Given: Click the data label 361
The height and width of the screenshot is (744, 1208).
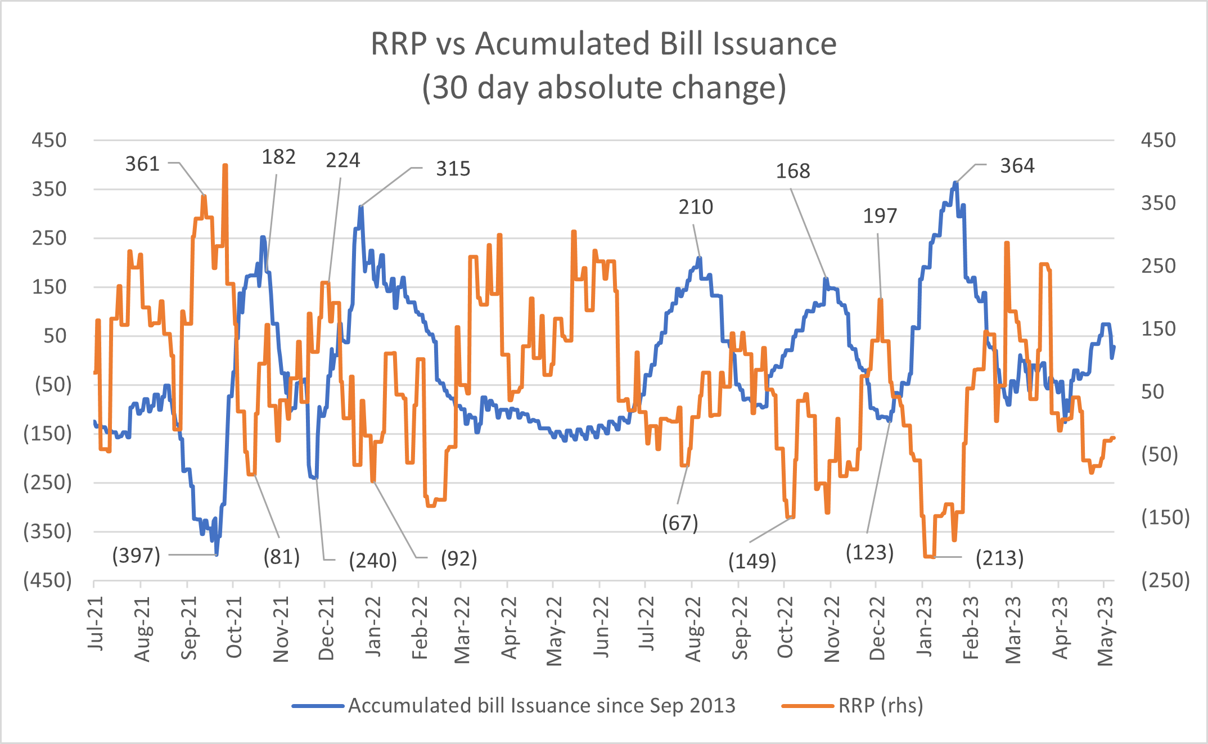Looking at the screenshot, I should (x=142, y=164).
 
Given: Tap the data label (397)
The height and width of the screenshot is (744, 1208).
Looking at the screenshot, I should (x=137, y=556).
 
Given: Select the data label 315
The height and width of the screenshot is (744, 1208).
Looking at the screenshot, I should (x=453, y=169).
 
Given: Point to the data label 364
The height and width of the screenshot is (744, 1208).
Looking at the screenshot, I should (x=1017, y=166).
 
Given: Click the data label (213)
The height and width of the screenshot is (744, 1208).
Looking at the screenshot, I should (x=999, y=558).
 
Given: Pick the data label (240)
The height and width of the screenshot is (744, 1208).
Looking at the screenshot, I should (x=373, y=561).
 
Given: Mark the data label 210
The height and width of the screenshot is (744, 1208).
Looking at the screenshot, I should (x=696, y=207).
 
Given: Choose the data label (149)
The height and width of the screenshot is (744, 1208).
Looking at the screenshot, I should (x=752, y=561).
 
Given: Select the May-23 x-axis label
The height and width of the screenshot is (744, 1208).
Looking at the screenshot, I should (x=1106, y=631).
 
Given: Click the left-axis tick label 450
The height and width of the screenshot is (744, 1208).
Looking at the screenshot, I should (x=49, y=140).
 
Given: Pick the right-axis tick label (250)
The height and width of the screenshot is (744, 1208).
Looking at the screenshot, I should (x=1165, y=580).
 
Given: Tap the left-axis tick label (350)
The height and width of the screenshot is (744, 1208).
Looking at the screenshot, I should (x=48, y=531).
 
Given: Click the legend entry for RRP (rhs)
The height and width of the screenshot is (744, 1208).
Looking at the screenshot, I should (x=880, y=705).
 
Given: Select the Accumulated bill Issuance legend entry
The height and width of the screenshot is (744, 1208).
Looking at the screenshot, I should (x=541, y=705).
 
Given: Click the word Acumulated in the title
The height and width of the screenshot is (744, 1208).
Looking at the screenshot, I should (x=563, y=44).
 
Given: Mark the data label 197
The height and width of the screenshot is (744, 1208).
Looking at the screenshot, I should (x=880, y=216).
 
